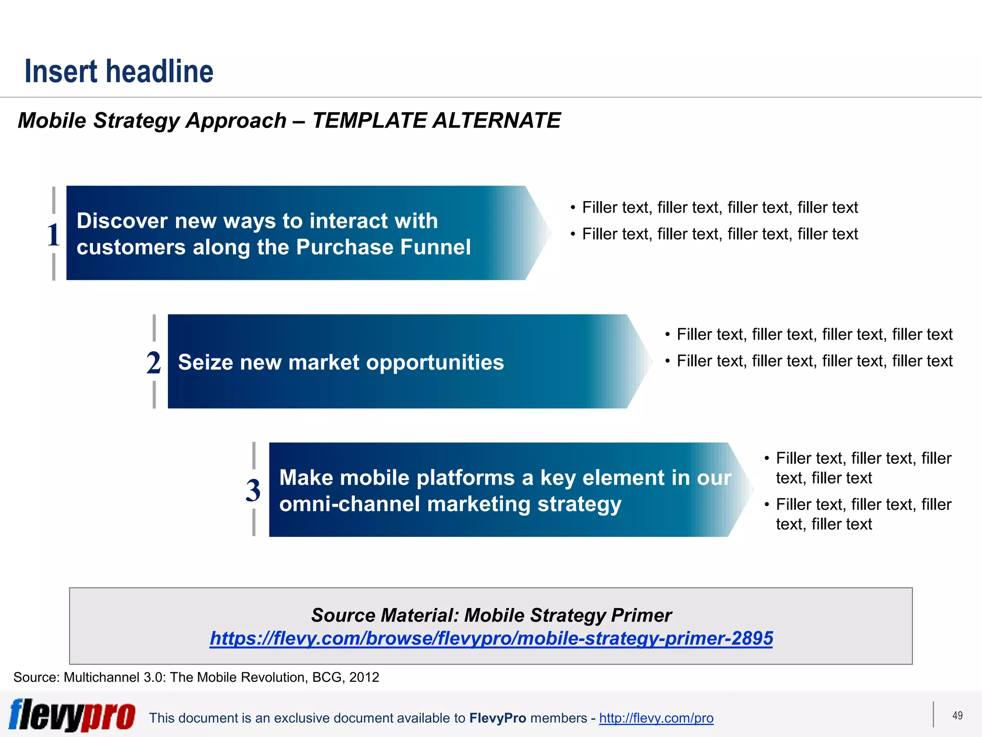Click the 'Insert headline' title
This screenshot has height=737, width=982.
119,71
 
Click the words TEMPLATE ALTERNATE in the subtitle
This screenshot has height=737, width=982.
436,120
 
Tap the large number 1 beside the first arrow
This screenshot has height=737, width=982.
53,235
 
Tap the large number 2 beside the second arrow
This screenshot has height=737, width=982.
153,362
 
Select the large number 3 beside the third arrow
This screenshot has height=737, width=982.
253,490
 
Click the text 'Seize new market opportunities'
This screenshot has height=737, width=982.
341,362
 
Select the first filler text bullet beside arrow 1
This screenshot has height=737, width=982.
719,207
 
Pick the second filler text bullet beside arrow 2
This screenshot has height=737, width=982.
814,361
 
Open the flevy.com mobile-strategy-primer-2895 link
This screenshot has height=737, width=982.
491,638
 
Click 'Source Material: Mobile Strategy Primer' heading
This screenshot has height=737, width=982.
491,615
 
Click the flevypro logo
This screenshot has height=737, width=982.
72,715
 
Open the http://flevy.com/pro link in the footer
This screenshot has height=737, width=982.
656,718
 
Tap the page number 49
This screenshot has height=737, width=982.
957,715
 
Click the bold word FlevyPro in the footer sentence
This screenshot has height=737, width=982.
497,718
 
